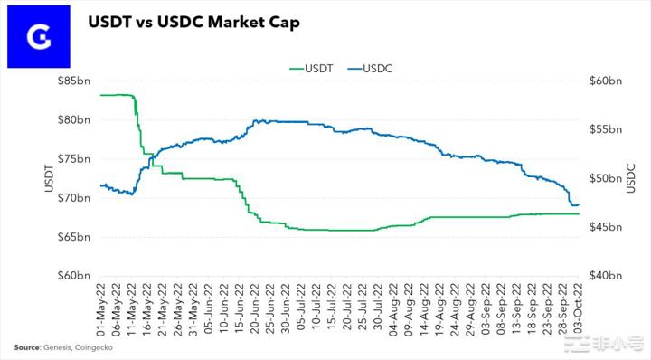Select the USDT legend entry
(x=312, y=66)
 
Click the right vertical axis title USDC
(x=631, y=177)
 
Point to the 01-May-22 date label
(x=101, y=308)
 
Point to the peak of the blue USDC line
(x=259, y=119)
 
